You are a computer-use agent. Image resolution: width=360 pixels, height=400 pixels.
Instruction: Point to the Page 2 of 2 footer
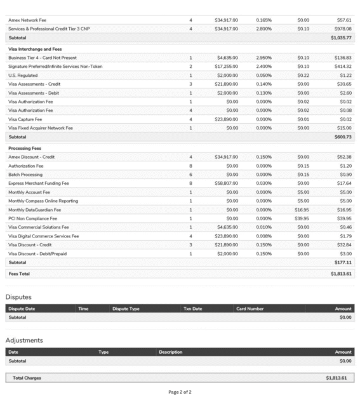tap(180, 392)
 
